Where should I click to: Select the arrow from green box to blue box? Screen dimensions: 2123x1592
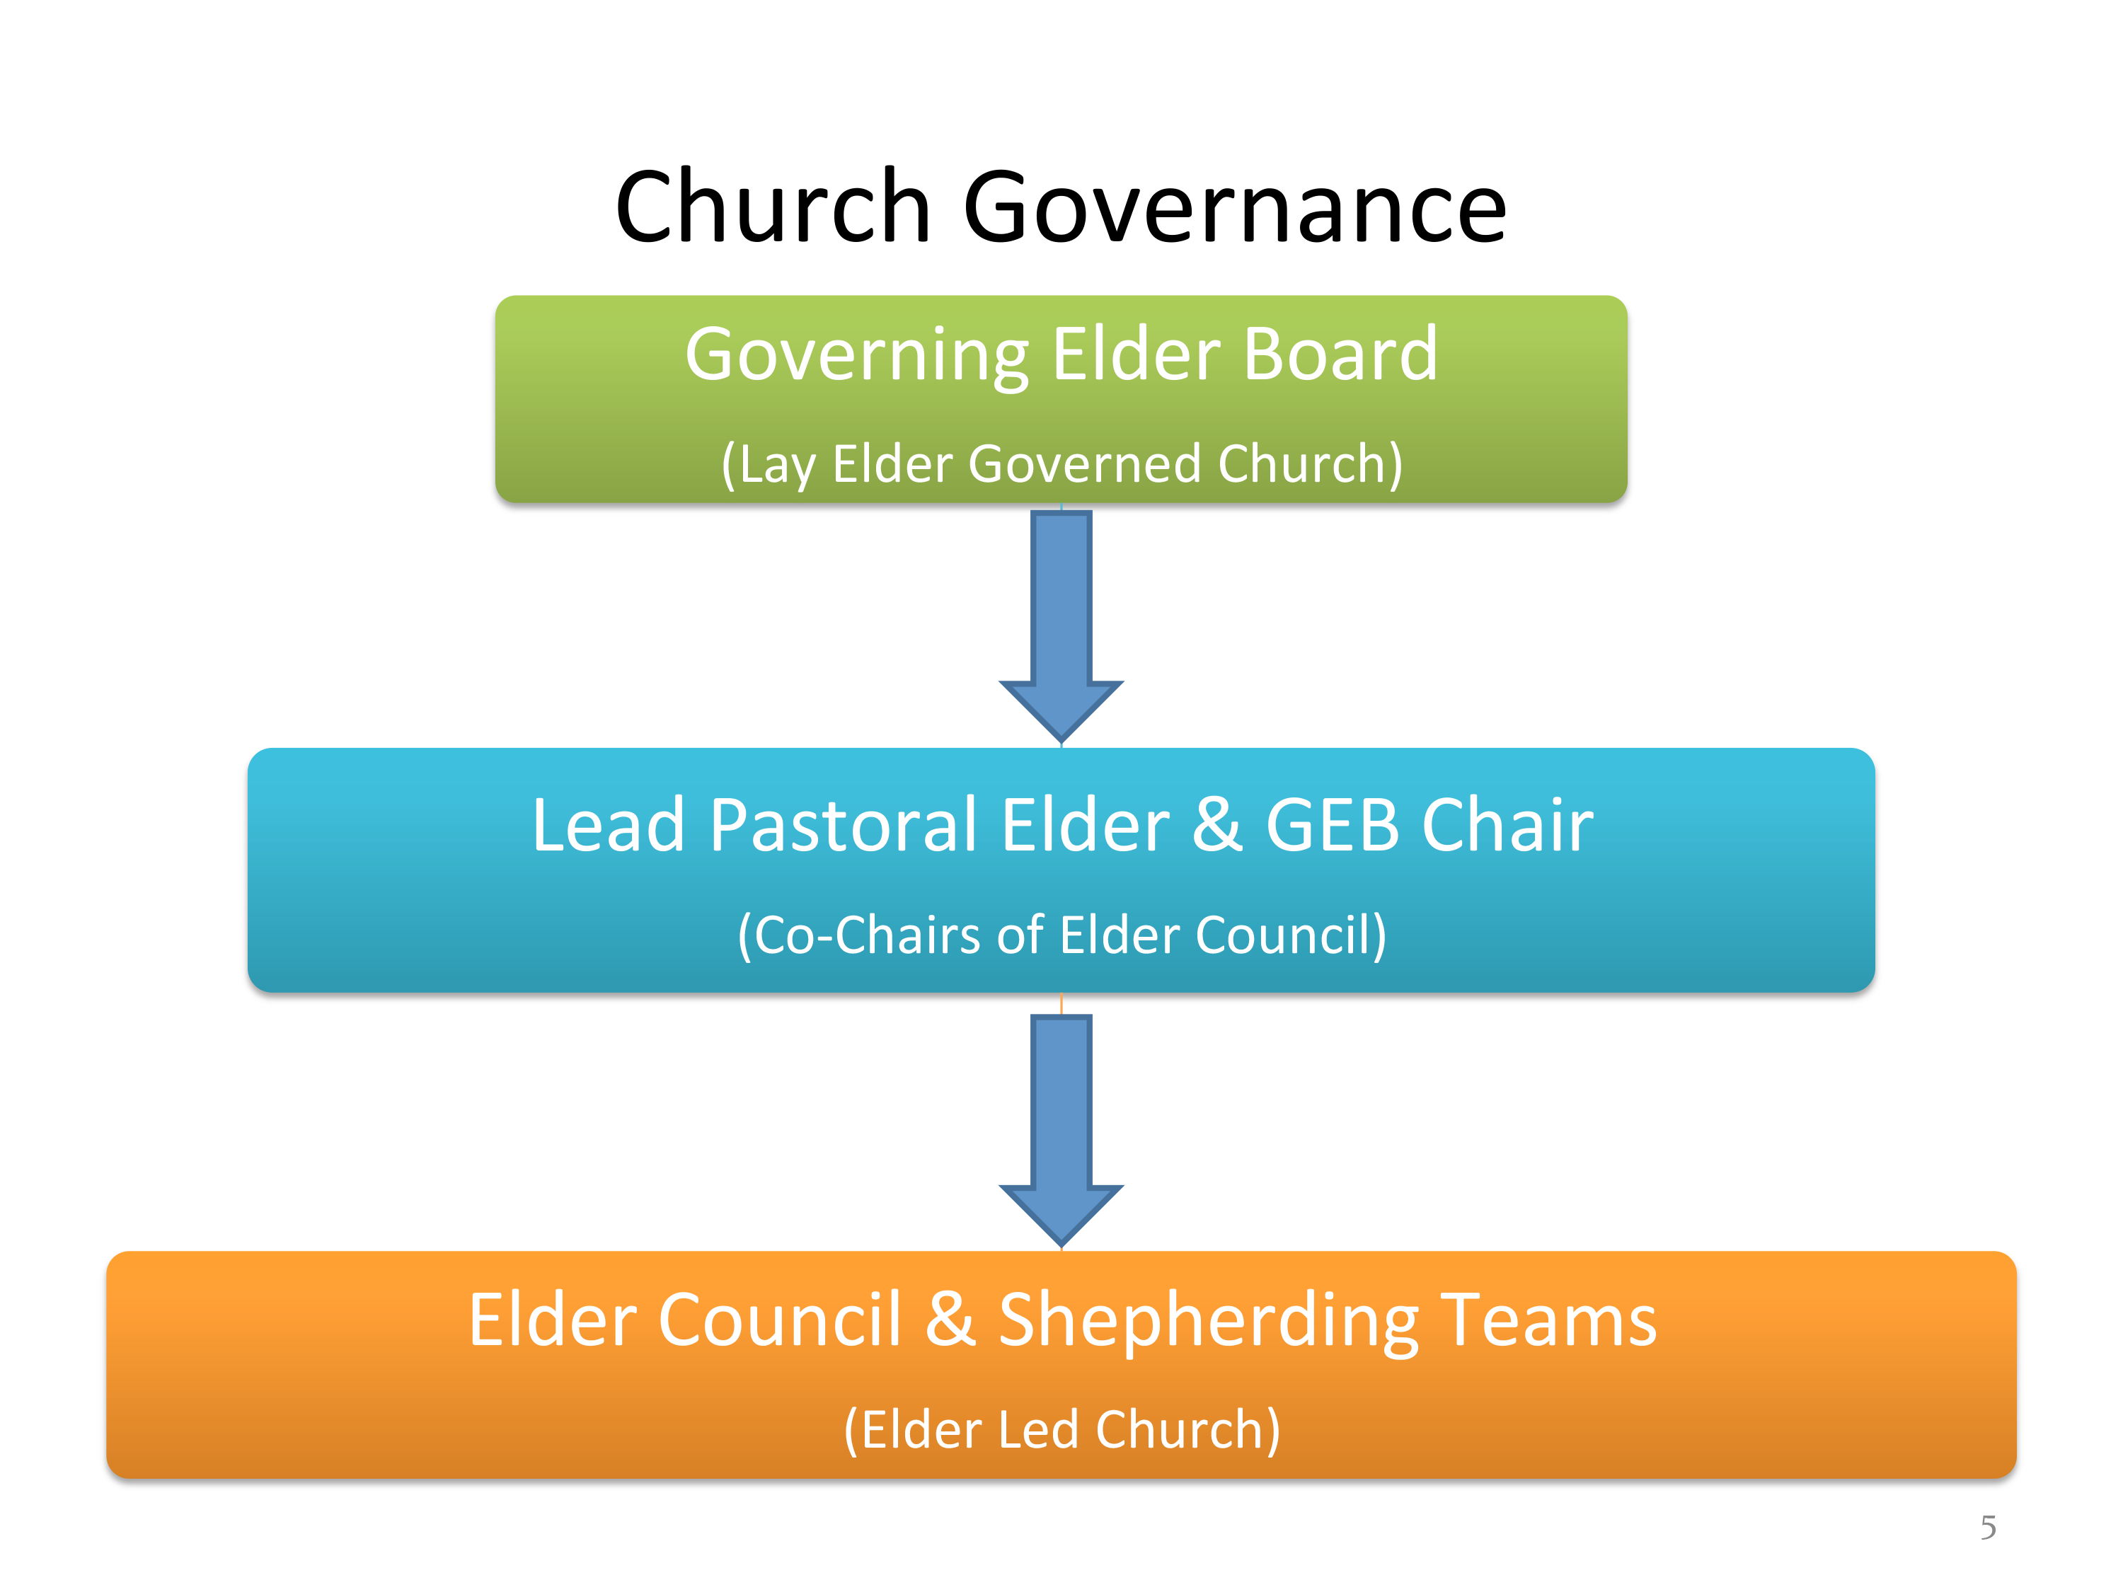tap(1061, 627)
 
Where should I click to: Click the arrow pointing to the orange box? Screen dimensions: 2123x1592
tap(1061, 1131)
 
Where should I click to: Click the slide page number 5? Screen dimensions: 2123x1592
tap(1988, 1527)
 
